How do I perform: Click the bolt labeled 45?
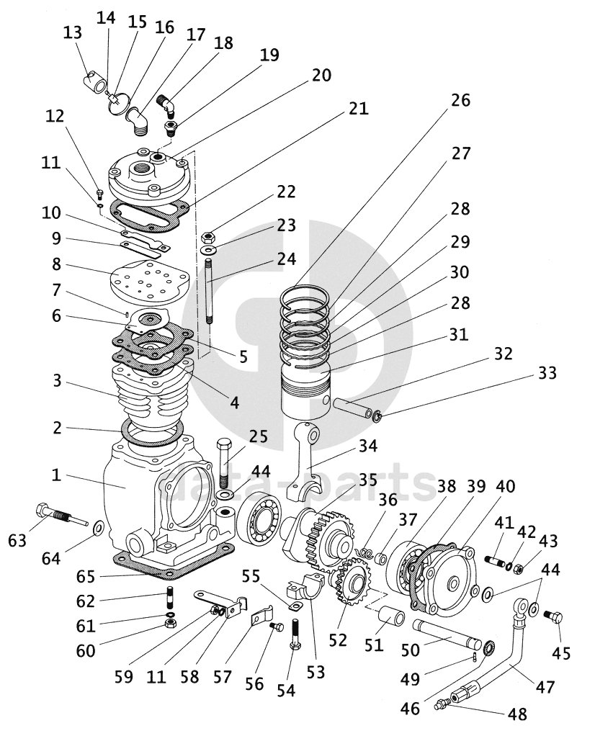(x=557, y=617)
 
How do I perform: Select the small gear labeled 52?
(x=352, y=583)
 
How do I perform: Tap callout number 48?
(x=516, y=714)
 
